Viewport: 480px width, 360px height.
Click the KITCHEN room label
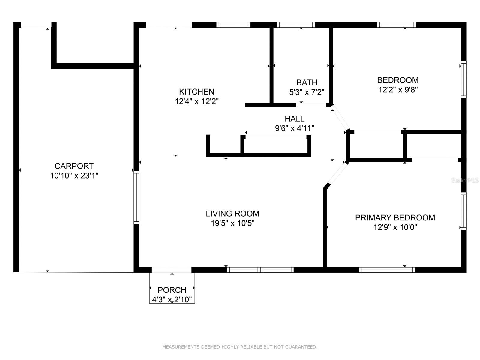click(196, 91)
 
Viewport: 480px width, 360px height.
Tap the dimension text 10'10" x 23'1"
click(74, 175)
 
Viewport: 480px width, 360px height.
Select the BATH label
click(307, 82)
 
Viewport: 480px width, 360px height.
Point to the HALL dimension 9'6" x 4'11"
click(294, 128)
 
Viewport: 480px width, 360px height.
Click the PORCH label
click(172, 290)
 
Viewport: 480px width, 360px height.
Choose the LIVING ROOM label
click(232, 214)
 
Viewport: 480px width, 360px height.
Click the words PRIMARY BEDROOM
click(395, 218)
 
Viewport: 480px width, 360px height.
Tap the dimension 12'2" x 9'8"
click(398, 90)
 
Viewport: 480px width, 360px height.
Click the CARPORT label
click(74, 166)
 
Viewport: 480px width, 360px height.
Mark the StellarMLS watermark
click(465, 180)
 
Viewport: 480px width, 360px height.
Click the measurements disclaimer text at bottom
click(240, 347)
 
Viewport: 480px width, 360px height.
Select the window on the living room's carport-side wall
click(136, 197)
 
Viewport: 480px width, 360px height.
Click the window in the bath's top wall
click(295, 25)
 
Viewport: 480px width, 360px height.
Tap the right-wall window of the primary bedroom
click(463, 211)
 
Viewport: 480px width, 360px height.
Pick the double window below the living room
click(260, 270)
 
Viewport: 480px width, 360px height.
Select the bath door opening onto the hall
click(311, 105)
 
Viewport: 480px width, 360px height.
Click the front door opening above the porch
click(172, 270)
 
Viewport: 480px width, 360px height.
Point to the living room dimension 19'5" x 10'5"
click(232, 223)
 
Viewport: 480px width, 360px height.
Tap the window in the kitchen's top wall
click(233, 25)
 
